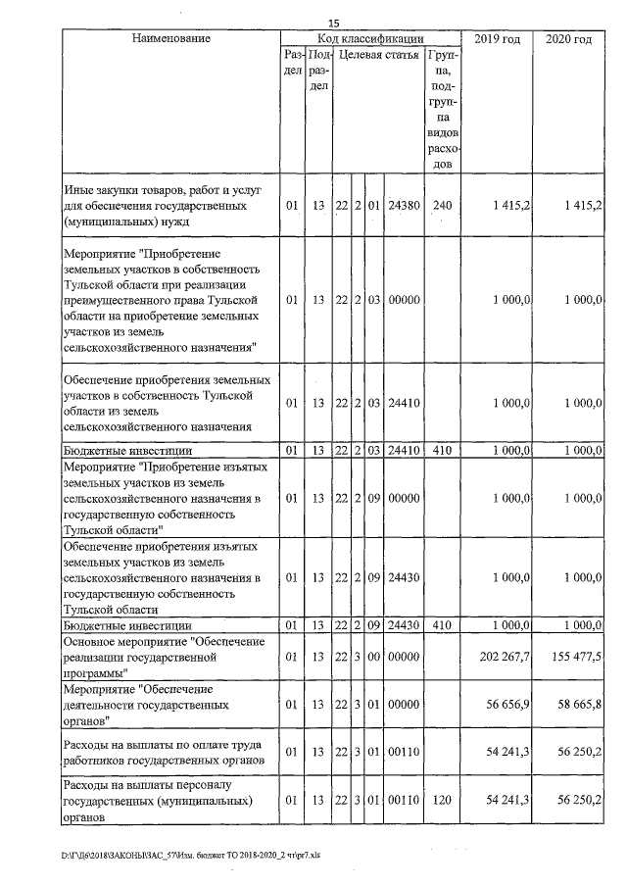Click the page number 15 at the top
[333, 23]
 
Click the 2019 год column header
[496, 38]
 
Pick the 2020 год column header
[568, 38]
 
